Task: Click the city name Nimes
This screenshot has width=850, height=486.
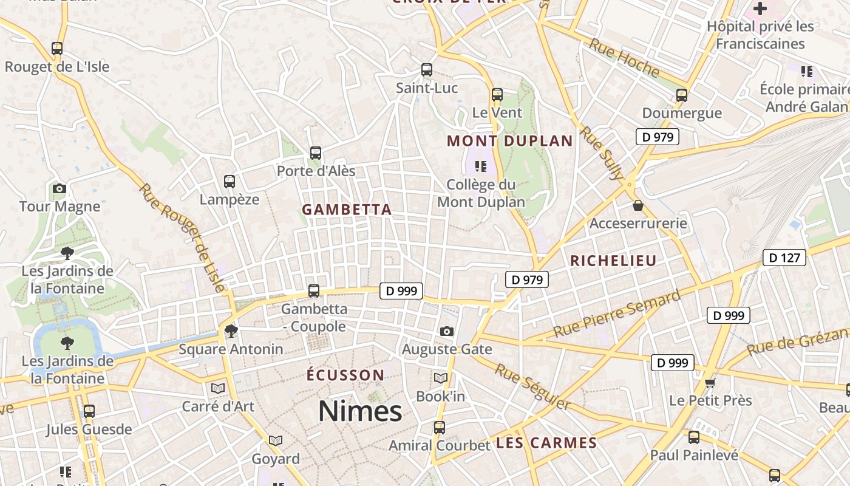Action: coord(360,411)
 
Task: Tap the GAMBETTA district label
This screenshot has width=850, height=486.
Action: coord(347,210)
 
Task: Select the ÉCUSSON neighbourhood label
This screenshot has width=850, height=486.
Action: coord(345,375)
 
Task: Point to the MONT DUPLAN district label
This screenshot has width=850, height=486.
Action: coord(510,142)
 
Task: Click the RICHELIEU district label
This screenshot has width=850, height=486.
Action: coord(613,261)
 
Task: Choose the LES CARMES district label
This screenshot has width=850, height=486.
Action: coord(546,443)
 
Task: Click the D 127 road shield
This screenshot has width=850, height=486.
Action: coord(784,258)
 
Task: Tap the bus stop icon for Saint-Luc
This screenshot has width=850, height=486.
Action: coord(427,70)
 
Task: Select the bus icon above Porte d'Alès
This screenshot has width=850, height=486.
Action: coord(316,153)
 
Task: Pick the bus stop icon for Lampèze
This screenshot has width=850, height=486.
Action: coord(229,181)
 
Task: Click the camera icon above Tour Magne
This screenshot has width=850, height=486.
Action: coord(59,189)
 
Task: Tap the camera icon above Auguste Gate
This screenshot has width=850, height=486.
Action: coord(447,331)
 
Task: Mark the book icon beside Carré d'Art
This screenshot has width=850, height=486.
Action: coord(217,388)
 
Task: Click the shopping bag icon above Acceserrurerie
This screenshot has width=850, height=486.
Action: coord(638,206)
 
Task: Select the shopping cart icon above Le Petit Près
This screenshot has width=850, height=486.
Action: coord(710,383)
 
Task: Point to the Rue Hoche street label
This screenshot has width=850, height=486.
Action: coord(624,58)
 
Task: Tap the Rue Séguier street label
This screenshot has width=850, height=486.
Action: coord(532,386)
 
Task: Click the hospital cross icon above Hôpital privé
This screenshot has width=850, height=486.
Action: coord(760,9)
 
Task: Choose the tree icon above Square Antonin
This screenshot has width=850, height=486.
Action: coord(231,331)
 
